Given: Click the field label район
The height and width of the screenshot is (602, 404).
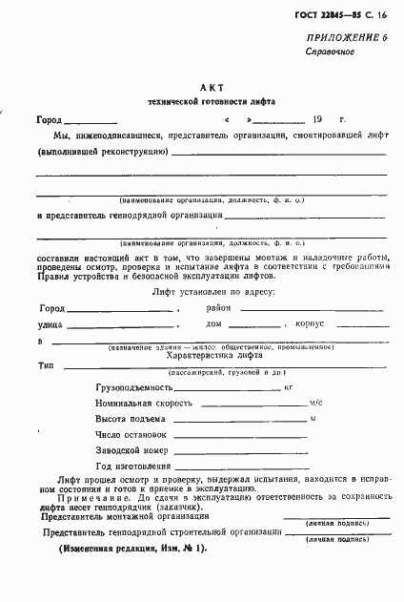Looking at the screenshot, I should (219, 308).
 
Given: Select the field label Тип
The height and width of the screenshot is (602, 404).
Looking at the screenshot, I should (45, 365).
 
